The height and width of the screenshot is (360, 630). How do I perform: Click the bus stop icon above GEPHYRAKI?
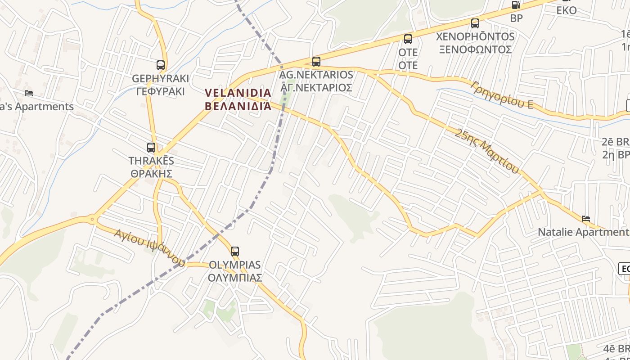coord(161,65)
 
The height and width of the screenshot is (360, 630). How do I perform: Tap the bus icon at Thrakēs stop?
coord(151,147)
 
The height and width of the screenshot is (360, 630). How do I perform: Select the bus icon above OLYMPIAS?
coord(235,251)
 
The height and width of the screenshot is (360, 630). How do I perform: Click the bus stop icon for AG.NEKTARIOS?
coord(316,61)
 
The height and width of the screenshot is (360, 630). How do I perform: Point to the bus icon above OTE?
coord(408,39)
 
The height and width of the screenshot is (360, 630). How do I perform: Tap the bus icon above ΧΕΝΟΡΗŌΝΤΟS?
coord(475,23)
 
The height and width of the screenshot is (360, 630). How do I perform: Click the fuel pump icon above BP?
coord(516,5)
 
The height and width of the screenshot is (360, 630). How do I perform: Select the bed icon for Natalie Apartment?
coord(586,219)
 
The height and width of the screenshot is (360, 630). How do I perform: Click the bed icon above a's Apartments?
coord(29,93)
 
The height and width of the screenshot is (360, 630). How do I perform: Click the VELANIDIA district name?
coord(238,93)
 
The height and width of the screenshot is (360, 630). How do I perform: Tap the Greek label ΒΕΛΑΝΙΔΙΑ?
coord(238,106)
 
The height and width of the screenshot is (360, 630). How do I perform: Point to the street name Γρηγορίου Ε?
coord(502,95)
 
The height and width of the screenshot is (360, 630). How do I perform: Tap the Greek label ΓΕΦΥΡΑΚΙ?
coord(160,91)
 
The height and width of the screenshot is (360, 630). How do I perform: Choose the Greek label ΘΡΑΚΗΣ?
coord(152,173)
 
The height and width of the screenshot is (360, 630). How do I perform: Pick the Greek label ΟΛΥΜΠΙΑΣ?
coord(235,278)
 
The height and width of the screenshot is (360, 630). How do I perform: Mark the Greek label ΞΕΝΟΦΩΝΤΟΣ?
coord(475,49)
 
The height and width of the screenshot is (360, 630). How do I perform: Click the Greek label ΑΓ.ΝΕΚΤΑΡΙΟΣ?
coord(316,87)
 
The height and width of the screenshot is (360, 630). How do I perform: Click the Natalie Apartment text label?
coord(583,232)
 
